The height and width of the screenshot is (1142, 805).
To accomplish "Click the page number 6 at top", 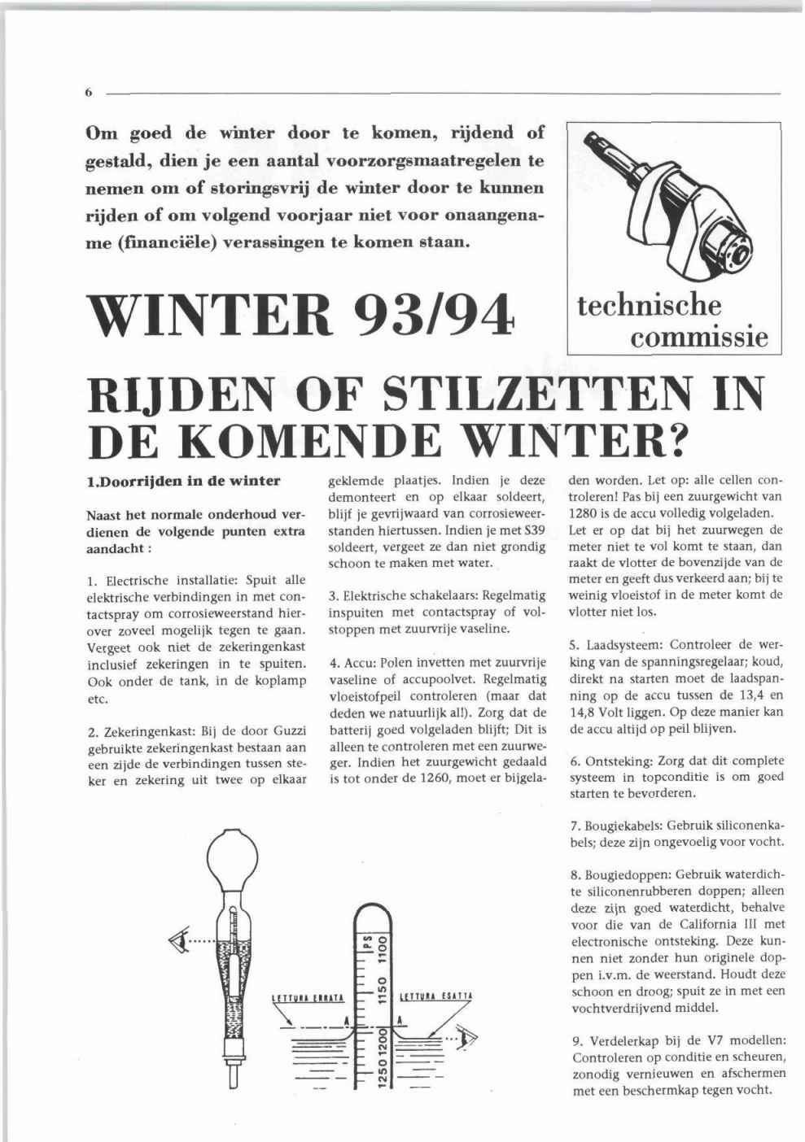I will pyautogui.click(x=87, y=93).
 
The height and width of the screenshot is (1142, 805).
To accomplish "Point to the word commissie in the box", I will pyautogui.click(x=699, y=336).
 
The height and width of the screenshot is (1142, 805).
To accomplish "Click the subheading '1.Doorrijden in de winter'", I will pyautogui.click(x=183, y=481).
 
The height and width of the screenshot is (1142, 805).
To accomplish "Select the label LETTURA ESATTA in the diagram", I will pyautogui.click(x=438, y=996).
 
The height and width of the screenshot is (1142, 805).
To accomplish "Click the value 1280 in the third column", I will pyautogui.click(x=582, y=513).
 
